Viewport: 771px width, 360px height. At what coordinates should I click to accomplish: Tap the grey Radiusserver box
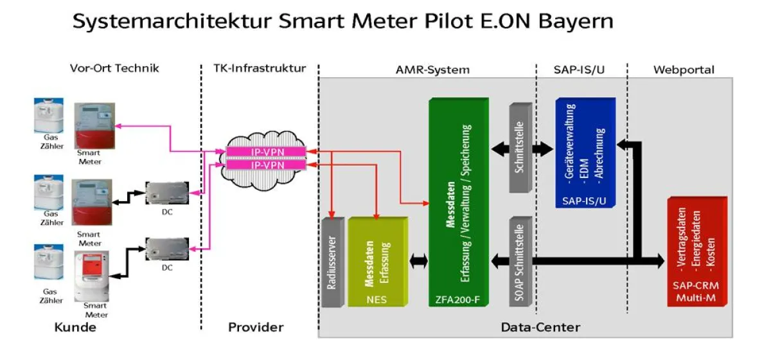tap(332, 262)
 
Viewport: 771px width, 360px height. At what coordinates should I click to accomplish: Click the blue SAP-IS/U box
tap(584, 152)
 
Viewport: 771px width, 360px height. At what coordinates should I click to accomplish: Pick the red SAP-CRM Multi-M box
tap(696, 251)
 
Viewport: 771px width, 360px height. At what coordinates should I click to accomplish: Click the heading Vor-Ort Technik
tap(114, 69)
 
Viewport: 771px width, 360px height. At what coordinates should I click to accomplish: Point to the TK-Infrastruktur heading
tap(260, 69)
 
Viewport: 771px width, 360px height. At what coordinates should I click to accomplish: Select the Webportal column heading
tap(683, 69)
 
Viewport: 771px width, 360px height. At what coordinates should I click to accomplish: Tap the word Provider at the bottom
tap(255, 327)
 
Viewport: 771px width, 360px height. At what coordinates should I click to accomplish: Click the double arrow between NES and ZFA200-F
tap(418, 261)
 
